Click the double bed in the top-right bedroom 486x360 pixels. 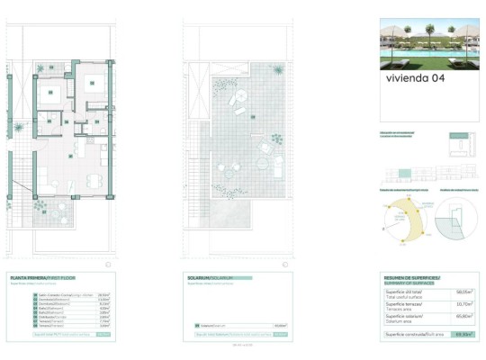coord(92,82)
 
